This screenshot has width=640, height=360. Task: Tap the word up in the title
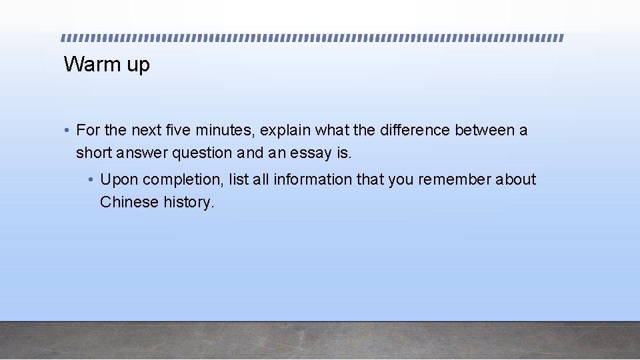click(x=138, y=66)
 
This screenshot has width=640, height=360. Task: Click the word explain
click(x=285, y=131)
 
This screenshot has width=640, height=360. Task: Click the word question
click(x=201, y=153)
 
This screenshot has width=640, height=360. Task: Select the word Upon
click(x=119, y=180)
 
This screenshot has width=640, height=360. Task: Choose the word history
click(x=189, y=203)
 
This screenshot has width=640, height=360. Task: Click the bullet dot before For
click(x=68, y=131)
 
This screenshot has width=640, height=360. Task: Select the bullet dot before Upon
click(x=91, y=180)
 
